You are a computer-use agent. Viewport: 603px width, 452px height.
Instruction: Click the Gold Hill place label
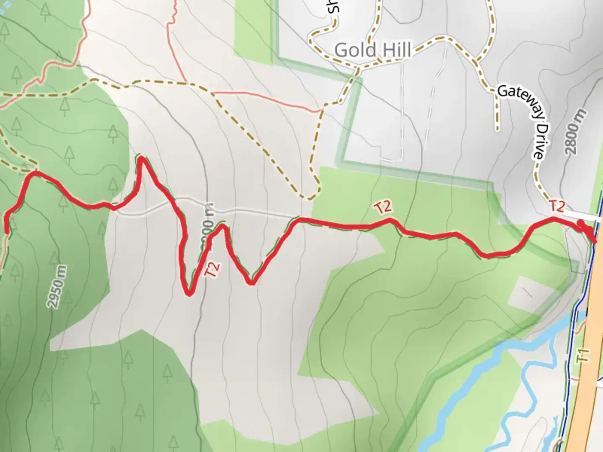coord(372,51)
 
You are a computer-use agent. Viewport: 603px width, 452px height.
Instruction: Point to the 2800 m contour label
coord(575,132)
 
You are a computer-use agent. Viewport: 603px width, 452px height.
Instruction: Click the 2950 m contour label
coord(57,287)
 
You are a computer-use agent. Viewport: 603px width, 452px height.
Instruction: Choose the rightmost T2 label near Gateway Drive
coord(557,206)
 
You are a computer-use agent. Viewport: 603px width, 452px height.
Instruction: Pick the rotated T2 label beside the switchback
coord(212,269)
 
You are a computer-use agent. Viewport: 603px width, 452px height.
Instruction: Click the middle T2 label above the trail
coord(384,207)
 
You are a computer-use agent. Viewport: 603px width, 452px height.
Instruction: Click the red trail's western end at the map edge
coord(6,230)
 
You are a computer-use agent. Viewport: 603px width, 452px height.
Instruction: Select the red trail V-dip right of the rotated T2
coord(250,283)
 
